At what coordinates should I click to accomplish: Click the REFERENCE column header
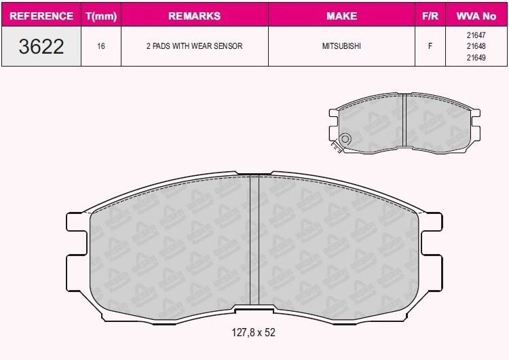(41, 16)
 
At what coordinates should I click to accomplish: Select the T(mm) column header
(101, 16)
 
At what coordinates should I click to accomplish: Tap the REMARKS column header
(195, 16)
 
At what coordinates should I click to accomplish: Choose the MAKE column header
(341, 16)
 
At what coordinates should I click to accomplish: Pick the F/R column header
(430, 16)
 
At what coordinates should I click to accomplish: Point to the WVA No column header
(476, 16)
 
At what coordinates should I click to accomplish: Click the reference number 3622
(41, 46)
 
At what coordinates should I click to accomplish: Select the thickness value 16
(101, 46)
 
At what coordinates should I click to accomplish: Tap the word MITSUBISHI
(341, 46)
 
